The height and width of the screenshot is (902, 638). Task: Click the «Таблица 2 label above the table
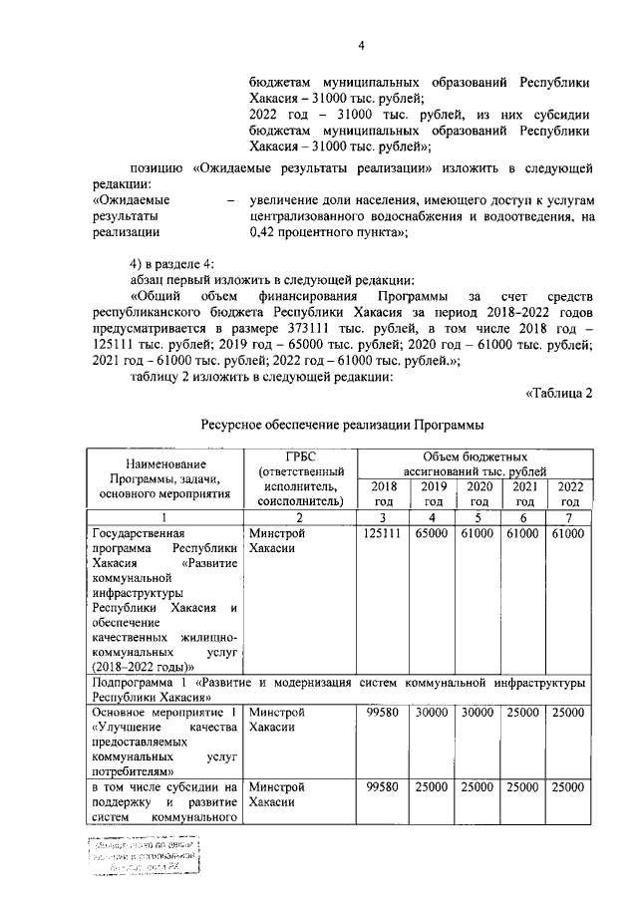[558, 392]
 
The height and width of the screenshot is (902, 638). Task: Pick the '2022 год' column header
[570, 493]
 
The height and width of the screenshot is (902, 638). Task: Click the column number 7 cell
[570, 518]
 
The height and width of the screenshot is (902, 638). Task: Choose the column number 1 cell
[165, 518]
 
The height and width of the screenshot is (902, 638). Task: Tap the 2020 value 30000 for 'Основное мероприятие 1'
[477, 714]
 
